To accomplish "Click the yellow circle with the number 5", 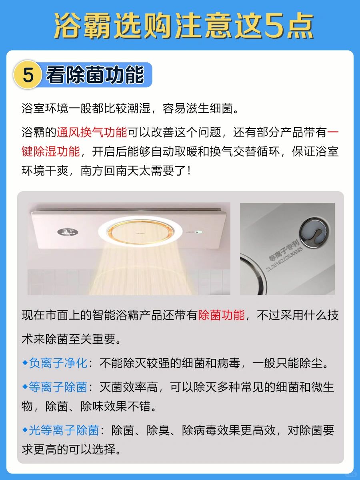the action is pos(28,74).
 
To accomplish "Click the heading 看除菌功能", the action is pos(95,74).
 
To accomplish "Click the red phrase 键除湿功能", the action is pos(51,151).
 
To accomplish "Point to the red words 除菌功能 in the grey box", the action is pos(221,315).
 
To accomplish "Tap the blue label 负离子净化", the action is pos(58,363).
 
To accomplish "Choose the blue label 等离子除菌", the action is pos(58,387).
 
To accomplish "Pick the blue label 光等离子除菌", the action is pos(64,430).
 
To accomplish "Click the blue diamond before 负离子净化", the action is pos(25,363).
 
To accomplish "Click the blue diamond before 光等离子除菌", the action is pos(25,430).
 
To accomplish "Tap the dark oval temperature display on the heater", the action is pos(68,232).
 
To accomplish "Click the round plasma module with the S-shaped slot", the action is pos(314,232).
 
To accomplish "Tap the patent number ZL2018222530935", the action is pos(284,259).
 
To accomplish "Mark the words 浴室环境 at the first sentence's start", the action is pos(45,108).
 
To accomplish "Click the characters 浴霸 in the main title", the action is pos(82,26).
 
